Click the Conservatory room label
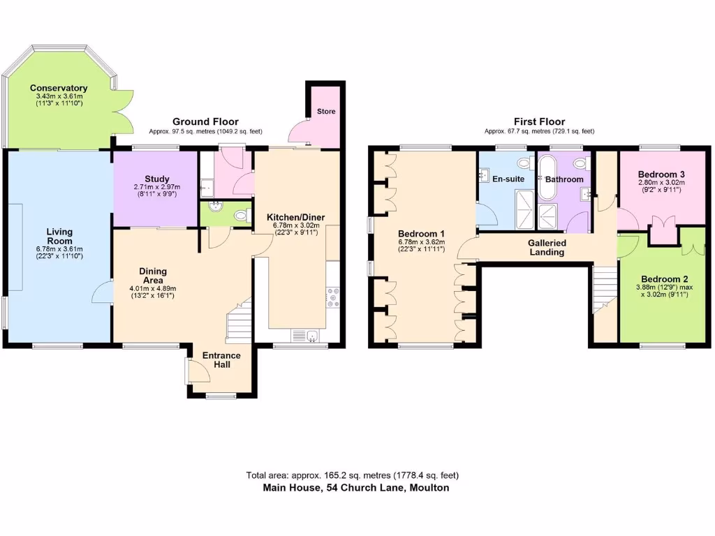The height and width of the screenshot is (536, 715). click(x=58, y=89)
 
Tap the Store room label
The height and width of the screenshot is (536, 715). click(x=326, y=111)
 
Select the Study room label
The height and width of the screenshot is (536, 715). click(x=158, y=179)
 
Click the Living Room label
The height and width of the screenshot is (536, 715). click(x=60, y=236)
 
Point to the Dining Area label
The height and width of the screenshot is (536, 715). click(x=153, y=276)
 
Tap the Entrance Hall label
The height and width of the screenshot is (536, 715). click(x=221, y=360)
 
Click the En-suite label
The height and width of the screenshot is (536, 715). click(x=508, y=179)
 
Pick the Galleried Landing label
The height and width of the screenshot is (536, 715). click(x=547, y=247)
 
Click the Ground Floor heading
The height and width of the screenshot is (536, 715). click(x=205, y=121)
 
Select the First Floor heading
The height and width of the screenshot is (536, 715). click(x=540, y=121)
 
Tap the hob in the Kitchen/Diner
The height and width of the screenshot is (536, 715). click(x=332, y=298)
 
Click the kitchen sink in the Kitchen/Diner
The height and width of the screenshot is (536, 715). click(x=304, y=336)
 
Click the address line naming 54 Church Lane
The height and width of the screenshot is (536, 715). click(x=356, y=488)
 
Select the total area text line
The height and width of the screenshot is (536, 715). click(x=353, y=475)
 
